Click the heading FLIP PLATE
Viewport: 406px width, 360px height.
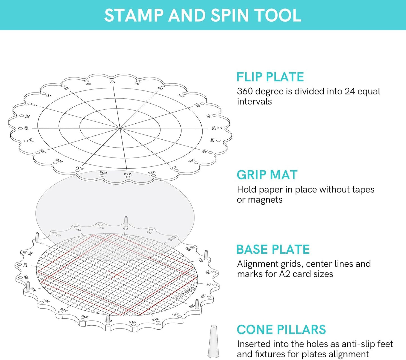270,77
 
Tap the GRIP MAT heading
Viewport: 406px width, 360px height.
267,175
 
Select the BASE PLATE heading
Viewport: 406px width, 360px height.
273,250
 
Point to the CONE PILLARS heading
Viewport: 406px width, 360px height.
281,330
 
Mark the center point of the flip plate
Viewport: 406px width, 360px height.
120,128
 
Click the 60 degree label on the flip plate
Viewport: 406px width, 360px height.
112,82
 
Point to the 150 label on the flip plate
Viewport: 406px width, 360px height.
214,128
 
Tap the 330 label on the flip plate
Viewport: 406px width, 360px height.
26,128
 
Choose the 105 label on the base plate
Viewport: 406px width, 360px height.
188,249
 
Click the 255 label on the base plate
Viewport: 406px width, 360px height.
85,317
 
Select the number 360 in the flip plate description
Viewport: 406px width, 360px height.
246,91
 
